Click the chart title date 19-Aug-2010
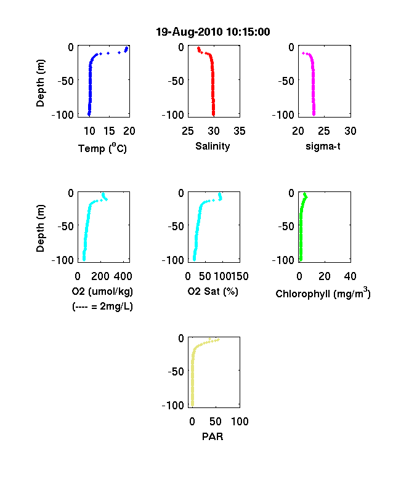pyautogui.click(x=188, y=32)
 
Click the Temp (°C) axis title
pyautogui.click(x=102, y=148)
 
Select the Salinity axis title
pyautogui.click(x=213, y=146)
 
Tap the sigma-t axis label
pyautogui.click(x=323, y=146)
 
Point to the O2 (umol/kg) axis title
pyautogui.click(x=102, y=291)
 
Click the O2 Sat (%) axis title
pyautogui.click(x=213, y=291)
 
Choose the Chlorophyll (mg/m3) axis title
pyautogui.click(x=323, y=293)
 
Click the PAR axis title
pyautogui.click(x=213, y=436)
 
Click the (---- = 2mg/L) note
pyautogui.click(x=102, y=307)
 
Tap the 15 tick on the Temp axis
pyautogui.click(x=109, y=131)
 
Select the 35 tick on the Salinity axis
pyautogui.click(x=240, y=131)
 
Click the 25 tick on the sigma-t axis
pyautogui.click(x=323, y=131)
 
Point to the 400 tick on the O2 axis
pyautogui.click(x=123, y=276)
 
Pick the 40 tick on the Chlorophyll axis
pyautogui.click(x=350, y=276)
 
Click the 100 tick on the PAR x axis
pyautogui.click(x=240, y=421)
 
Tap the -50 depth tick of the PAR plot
pyautogui.click(x=176, y=371)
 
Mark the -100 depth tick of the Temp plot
pyautogui.click(x=63, y=114)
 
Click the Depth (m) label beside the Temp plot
pyautogui.click(x=40, y=83)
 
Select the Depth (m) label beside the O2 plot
pyautogui.click(x=40, y=228)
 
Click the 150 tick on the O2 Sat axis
pyautogui.click(x=240, y=276)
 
